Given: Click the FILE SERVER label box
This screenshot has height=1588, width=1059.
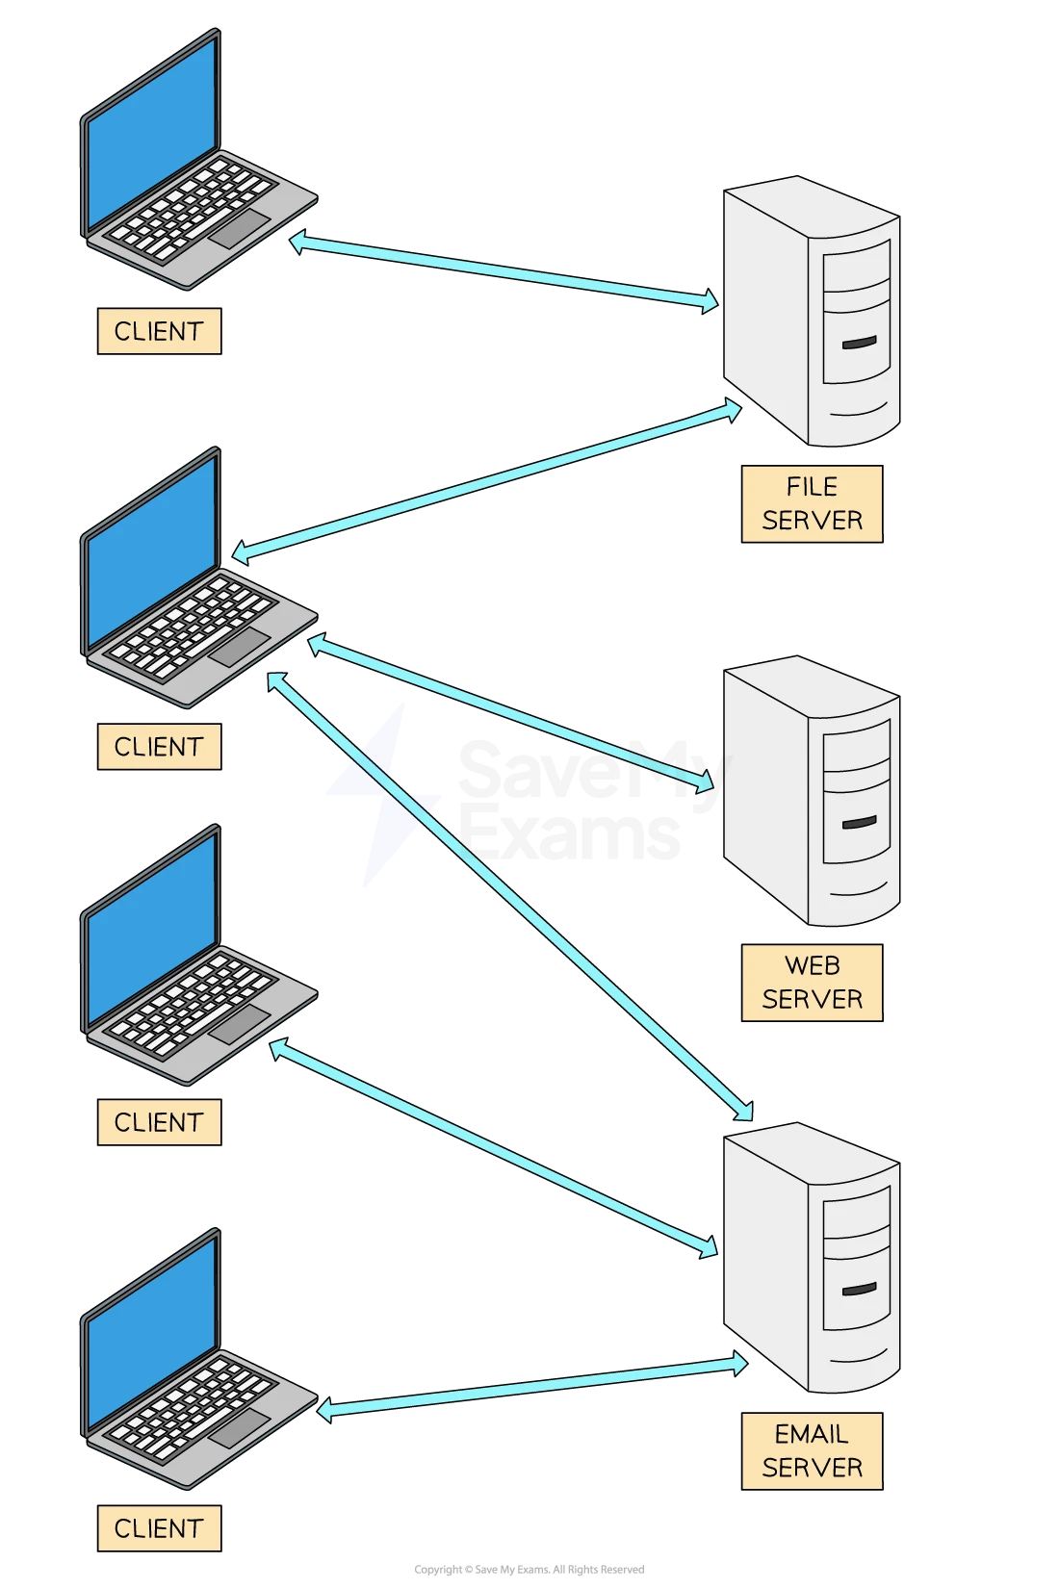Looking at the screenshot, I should coord(812,504).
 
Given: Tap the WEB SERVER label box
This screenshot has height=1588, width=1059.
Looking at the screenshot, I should coord(812,983).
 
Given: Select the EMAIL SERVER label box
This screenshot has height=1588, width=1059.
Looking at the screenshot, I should coord(812,1451).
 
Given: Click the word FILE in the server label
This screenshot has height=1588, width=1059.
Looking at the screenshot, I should coord(812,487).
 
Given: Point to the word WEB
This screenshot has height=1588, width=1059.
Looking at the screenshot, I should coord(812,965).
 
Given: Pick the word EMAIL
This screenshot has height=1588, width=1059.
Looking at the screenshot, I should coord(812,1434).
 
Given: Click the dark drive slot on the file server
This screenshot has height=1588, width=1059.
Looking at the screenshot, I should coord(859,342).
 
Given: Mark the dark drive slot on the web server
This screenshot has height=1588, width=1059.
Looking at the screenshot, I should coord(859,822).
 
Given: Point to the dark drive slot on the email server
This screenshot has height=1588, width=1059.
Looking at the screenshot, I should coord(859,1289).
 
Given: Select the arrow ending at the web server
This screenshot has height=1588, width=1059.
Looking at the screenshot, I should coord(510,712).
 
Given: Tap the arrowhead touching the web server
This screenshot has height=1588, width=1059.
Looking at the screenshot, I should coord(705,781).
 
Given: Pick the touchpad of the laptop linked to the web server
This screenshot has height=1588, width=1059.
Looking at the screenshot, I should coord(240,648).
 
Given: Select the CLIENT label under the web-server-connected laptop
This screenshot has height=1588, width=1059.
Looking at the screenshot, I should coord(159,747).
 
